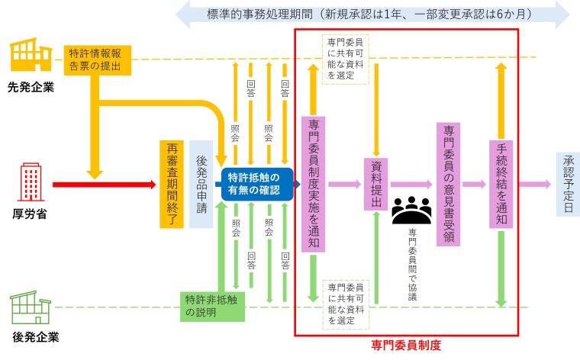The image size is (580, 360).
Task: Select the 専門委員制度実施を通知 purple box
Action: pos(313,184)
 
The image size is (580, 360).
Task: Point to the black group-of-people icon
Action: pos(411,209)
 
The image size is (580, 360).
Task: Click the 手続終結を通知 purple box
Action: pos(501,184)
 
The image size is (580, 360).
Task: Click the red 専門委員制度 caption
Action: pos(405,345)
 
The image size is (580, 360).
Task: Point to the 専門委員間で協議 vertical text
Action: pos(412,263)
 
